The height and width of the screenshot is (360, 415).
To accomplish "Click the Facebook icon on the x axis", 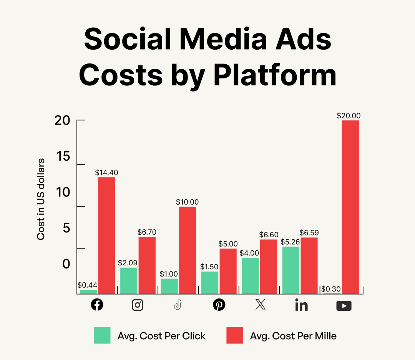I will [x=97, y=305].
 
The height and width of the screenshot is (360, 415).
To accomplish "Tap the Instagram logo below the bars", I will [x=138, y=305].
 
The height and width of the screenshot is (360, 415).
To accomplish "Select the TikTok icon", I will [x=178, y=305].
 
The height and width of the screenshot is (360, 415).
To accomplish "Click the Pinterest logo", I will [x=219, y=305].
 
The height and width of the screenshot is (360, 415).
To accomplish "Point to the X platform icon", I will [x=260, y=305].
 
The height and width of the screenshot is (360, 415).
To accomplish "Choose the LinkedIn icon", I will [x=302, y=305].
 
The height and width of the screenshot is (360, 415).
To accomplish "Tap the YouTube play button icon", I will [x=344, y=306].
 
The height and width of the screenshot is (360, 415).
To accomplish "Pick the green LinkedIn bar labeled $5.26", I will [x=291, y=270].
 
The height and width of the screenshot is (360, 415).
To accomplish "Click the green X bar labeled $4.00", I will [x=250, y=276].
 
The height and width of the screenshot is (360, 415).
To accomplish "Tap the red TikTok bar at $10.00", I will [x=188, y=250].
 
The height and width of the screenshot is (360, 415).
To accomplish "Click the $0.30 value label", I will [x=331, y=289].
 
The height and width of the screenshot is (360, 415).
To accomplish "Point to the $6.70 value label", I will [x=147, y=232].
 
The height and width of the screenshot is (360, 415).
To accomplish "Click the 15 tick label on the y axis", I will [x=63, y=157].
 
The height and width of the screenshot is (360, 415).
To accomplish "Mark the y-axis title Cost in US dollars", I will [x=41, y=199].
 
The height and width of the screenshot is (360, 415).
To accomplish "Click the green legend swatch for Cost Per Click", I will [x=102, y=335].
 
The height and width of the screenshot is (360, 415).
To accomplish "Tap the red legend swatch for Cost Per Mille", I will [x=234, y=335].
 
